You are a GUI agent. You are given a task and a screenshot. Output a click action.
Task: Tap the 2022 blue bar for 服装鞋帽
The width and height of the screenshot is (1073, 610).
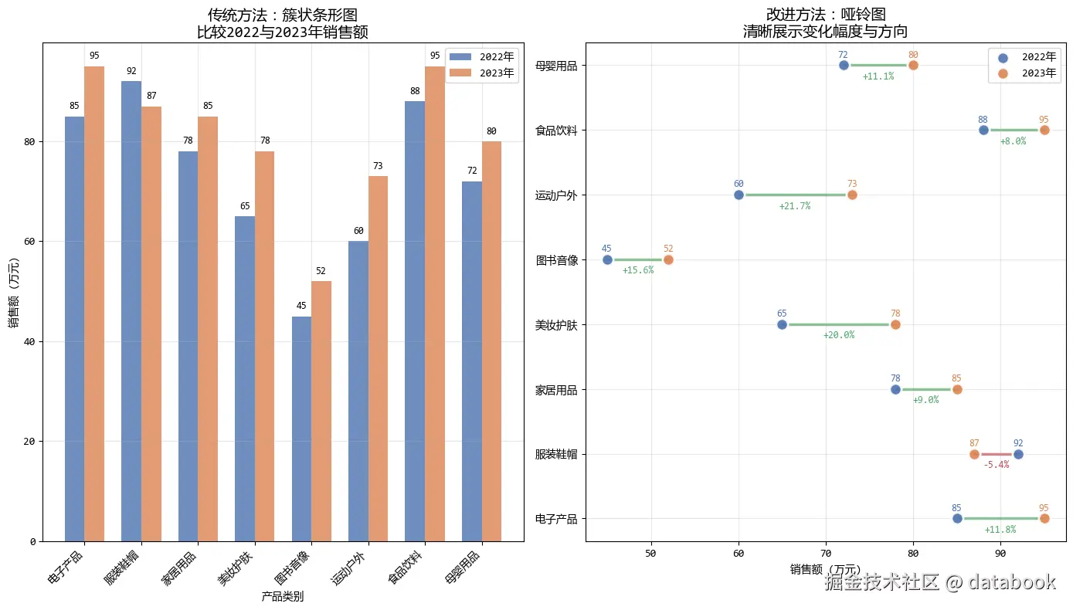click(x=131, y=309)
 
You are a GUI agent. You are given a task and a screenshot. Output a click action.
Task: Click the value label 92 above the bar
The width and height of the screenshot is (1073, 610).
click(x=131, y=72)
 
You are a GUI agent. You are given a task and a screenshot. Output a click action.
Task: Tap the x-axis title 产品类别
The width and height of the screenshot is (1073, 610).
click(x=283, y=596)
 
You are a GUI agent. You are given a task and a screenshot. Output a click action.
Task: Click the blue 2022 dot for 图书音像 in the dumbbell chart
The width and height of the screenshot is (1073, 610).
click(x=606, y=260)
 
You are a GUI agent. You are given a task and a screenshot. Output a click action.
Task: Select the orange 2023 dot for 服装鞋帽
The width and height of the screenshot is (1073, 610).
click(x=974, y=454)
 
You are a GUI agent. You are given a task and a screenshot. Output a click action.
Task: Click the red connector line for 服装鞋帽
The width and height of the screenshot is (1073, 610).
click(x=997, y=454)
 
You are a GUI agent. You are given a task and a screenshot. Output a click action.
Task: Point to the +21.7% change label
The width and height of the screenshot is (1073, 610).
click(x=795, y=206)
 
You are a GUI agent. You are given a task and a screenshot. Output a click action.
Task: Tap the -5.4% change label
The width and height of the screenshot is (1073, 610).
click(x=996, y=465)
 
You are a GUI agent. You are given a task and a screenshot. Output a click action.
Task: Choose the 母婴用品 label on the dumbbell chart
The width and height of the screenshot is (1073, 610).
click(x=556, y=66)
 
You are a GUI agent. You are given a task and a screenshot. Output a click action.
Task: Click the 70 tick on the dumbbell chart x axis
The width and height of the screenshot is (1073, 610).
click(x=826, y=553)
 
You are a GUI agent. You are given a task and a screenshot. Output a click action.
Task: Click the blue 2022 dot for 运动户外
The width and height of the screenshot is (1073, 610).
click(x=739, y=195)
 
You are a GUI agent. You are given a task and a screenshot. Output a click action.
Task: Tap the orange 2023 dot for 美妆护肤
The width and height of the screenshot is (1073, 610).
click(x=895, y=325)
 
